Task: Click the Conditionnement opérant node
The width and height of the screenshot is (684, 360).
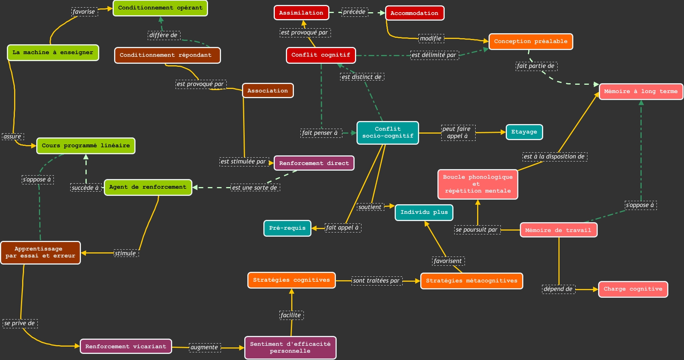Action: tap(160, 8)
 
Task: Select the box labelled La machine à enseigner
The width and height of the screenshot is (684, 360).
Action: tap(53, 53)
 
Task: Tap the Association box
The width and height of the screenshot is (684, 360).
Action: tap(268, 91)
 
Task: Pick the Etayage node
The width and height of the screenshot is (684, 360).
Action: tap(524, 132)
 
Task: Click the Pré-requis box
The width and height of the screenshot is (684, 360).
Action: tap(287, 228)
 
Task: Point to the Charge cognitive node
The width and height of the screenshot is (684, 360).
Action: tap(633, 289)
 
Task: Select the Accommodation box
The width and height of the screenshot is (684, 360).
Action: tap(415, 13)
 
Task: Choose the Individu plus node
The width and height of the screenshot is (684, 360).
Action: tap(424, 213)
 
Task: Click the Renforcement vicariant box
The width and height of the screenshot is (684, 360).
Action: tap(126, 347)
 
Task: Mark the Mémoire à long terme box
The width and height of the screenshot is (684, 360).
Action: tap(640, 92)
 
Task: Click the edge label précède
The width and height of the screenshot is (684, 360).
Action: tap(355, 12)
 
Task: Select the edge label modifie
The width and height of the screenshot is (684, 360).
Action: tap(431, 38)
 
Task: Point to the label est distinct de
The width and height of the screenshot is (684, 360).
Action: tap(361, 77)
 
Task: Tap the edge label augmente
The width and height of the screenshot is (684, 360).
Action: tap(205, 347)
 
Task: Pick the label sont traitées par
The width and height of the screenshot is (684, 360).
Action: tap(376, 281)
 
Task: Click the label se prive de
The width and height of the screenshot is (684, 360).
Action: tap(20, 324)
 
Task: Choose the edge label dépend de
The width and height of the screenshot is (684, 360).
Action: tap(558, 289)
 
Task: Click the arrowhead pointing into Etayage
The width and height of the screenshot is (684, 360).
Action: tap(503, 132)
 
